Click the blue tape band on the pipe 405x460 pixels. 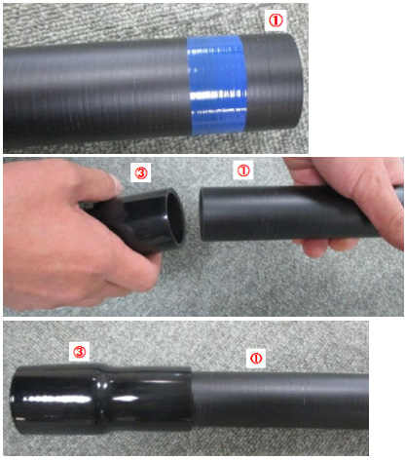217,85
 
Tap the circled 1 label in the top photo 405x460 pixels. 276,20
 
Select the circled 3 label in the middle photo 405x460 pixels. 141,172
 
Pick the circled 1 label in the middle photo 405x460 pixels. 243,171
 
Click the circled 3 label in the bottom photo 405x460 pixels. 81,352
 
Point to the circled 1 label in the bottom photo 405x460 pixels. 256,359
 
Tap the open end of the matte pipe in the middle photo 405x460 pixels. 202,214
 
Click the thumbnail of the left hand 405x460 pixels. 116,183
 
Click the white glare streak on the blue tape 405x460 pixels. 218,96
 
